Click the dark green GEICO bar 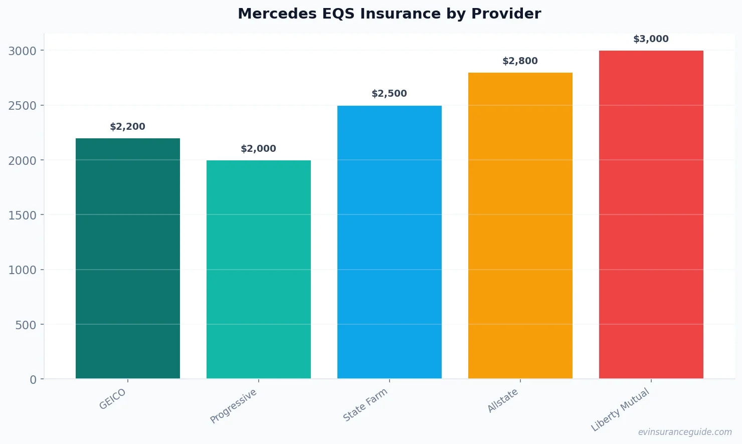click(127, 258)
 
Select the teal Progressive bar click(258, 269)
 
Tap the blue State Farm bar click(389, 242)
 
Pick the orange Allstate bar click(520, 226)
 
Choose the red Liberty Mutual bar click(651, 214)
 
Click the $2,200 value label click(127, 127)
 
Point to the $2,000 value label click(258, 149)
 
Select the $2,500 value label click(389, 94)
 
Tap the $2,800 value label click(520, 61)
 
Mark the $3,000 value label click(651, 39)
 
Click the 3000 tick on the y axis click(23, 51)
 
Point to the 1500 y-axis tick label click(23, 215)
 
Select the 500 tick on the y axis click(26, 325)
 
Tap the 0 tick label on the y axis click(33, 380)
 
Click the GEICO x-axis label click(113, 399)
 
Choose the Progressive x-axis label click(234, 406)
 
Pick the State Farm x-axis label click(365, 405)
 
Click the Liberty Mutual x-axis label click(620, 410)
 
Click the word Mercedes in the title click(270, 14)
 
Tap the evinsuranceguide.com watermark click(685, 432)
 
